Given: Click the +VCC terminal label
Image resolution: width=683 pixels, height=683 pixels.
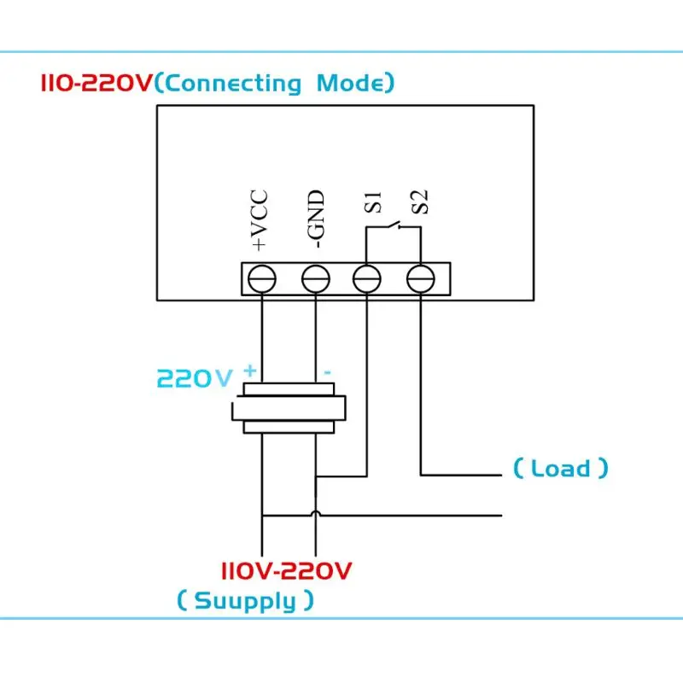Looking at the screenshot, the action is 260,220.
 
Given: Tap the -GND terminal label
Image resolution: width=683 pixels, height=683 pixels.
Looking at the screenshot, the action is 315,219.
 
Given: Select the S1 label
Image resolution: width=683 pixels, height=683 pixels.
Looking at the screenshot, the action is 372,202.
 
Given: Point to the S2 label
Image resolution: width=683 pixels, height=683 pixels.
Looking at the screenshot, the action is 420,201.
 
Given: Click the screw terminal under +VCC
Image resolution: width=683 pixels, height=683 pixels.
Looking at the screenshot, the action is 262,279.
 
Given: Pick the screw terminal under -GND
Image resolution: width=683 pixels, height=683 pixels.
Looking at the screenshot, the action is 316,279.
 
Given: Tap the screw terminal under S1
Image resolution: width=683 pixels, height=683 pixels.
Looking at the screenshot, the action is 367,279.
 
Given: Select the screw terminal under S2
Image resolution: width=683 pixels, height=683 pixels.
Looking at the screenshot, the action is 420,279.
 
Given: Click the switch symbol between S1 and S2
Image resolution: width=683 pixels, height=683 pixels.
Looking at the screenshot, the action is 394,225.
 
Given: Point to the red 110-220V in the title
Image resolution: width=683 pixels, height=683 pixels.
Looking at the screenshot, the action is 96,82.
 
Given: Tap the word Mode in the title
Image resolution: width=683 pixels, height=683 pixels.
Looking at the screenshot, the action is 351,82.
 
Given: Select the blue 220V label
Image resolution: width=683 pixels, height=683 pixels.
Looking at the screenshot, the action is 195,378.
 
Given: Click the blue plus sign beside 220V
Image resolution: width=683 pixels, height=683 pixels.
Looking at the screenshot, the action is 250,371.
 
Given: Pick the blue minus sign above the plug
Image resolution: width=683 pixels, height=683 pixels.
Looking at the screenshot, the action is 327,372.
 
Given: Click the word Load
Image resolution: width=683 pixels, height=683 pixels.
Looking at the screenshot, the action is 561,468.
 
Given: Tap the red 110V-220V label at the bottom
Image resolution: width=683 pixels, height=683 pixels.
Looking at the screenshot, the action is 286,570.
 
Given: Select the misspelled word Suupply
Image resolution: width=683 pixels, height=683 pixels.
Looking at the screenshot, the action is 245,602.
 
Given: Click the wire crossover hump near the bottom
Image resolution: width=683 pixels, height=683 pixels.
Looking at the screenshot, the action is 316,513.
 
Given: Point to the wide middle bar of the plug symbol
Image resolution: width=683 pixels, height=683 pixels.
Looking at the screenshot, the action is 289,408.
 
